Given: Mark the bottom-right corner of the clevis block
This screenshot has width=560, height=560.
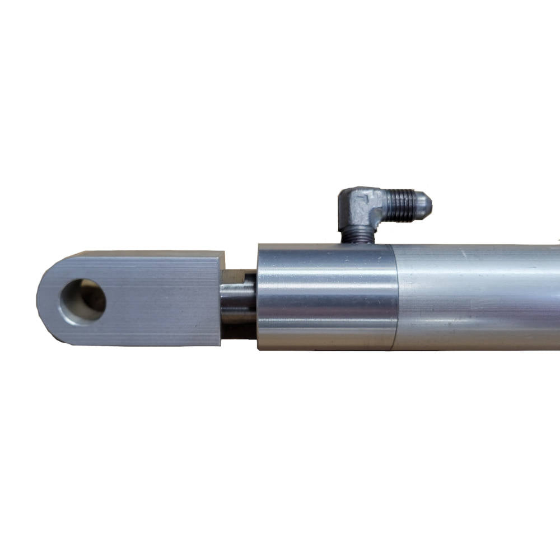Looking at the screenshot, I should point(220,344).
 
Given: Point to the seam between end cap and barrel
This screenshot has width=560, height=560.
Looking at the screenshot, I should point(394,297).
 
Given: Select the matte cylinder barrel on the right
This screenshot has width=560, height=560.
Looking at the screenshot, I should point(476,297).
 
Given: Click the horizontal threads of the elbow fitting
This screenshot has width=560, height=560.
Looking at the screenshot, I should point(400,204).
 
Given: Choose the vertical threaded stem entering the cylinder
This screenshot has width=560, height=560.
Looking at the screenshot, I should point(357,236).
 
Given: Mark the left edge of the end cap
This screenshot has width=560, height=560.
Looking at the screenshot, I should point(258,297).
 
